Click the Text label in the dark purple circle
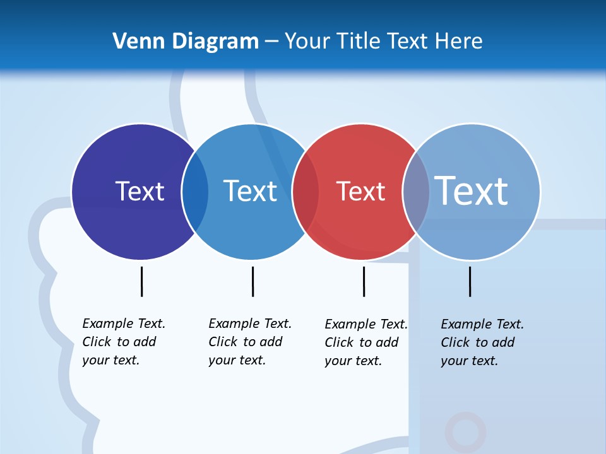(140, 191)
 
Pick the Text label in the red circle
(360, 191)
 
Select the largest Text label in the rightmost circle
(472, 190)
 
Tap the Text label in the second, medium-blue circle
(250, 191)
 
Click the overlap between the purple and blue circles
(195, 191)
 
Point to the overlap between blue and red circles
(306, 191)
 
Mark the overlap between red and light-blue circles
(416, 191)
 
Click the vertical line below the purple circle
(141, 281)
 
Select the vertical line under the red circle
(364, 281)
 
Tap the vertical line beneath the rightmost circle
(470, 281)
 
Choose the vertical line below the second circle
(252, 281)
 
